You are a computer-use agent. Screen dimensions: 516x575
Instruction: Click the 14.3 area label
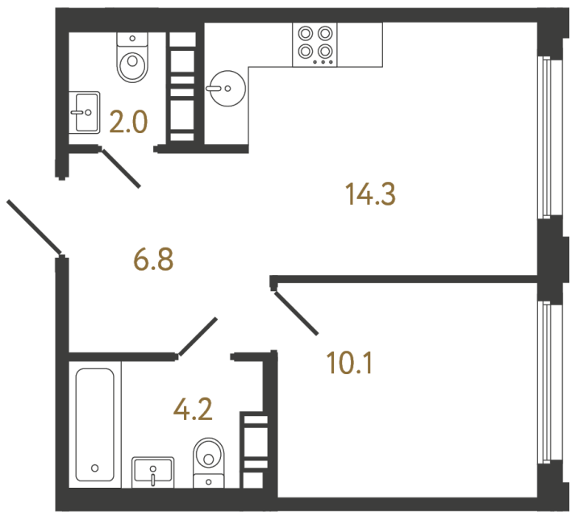click(x=370, y=194)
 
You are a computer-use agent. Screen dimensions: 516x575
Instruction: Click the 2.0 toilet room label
click(x=128, y=123)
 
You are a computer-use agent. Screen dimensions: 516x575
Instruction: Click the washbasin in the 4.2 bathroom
click(x=152, y=469)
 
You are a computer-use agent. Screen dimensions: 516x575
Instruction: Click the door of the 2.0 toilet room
click(x=120, y=167)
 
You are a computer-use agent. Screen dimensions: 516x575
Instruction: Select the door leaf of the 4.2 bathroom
click(x=198, y=336)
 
